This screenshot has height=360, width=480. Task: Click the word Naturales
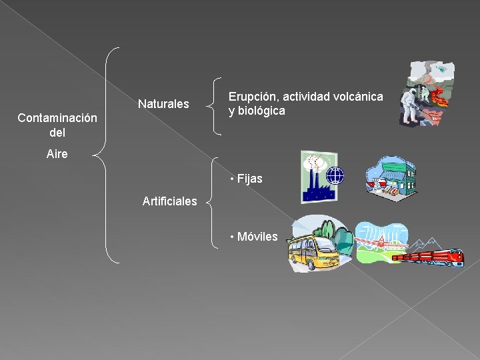click(x=163, y=104)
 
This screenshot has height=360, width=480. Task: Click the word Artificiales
click(x=169, y=201)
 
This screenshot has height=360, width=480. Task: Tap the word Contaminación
click(x=57, y=118)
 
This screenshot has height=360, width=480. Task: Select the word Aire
click(x=57, y=154)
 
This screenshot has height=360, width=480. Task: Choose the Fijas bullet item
click(x=246, y=179)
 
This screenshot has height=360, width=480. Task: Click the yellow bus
click(x=312, y=253)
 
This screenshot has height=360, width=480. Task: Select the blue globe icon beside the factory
click(x=335, y=176)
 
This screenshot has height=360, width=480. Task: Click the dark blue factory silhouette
click(x=316, y=189)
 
